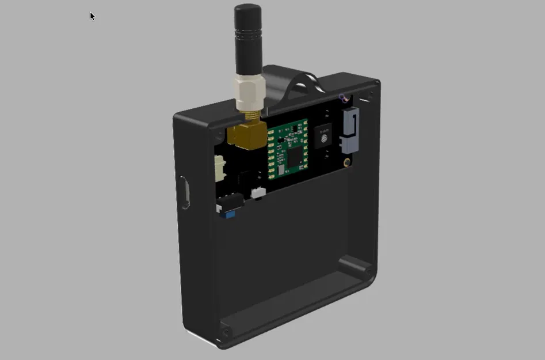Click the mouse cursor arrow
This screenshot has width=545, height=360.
(x=92, y=16)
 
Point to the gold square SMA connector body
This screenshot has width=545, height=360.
(x=246, y=135)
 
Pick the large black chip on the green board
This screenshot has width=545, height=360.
(x=294, y=156)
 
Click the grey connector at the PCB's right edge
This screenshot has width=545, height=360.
(x=349, y=130)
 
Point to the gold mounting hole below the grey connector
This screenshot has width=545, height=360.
(x=347, y=162)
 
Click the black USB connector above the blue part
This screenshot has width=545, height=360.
(x=229, y=203)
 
